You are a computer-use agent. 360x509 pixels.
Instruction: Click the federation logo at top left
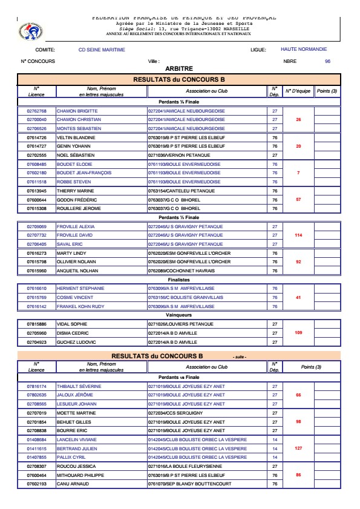(28, 28)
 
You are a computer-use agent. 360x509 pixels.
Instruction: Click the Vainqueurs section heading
(178, 315)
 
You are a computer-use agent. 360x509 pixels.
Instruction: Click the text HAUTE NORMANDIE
(304, 49)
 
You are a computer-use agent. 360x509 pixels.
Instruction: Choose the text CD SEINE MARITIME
(99, 49)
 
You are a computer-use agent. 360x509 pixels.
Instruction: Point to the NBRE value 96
(327, 61)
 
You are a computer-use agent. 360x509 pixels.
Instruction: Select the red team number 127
(298, 449)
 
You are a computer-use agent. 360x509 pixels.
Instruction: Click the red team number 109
(298, 333)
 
